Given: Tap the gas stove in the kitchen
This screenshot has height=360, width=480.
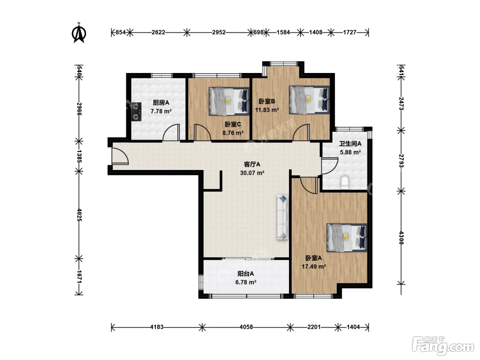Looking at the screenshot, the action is (136, 112).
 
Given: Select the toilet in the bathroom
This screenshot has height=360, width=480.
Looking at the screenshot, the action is (345, 182).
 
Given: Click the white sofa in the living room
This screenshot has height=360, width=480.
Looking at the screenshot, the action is (283, 217).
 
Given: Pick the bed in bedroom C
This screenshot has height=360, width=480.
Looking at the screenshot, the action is (229, 101).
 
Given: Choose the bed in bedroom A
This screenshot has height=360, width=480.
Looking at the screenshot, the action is (347, 238).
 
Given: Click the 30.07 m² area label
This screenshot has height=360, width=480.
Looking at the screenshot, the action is (252, 173).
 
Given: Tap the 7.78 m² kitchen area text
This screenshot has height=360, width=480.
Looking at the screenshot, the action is (161, 111).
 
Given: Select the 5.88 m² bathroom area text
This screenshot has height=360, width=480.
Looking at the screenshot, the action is (350, 152).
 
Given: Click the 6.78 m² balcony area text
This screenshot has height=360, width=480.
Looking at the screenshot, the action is (246, 282).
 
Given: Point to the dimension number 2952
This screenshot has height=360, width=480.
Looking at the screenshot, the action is (219, 32).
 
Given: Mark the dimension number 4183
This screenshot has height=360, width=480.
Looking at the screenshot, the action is (157, 327).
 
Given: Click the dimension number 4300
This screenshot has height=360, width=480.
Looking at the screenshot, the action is (401, 238).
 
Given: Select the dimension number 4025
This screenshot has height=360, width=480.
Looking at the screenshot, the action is (79, 215).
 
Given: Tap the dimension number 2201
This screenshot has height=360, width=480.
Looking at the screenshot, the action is (314, 327).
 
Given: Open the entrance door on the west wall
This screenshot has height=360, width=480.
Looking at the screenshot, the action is (120, 156).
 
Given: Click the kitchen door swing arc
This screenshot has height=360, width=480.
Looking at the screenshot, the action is (171, 132).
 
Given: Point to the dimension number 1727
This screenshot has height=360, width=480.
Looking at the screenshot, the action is (350, 32).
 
